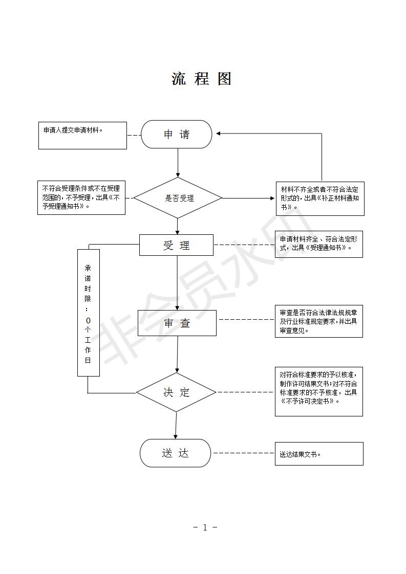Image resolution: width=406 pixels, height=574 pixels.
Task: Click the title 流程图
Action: coord(202,79)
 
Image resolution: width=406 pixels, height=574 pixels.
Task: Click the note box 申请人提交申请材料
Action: coord(82,136)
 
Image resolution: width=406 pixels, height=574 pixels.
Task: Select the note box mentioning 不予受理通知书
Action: coord(81,197)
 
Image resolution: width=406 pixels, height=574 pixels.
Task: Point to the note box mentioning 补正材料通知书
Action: coord(320,199)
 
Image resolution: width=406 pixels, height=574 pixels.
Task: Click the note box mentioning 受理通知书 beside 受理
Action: coord(319,244)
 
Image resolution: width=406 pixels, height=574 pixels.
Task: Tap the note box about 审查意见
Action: coord(319,321)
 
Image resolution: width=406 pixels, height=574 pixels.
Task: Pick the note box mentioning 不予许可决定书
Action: coord(319,392)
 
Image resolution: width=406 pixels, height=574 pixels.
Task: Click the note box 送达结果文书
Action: coord(319,454)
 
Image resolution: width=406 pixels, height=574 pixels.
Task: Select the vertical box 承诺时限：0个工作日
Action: coord(89,313)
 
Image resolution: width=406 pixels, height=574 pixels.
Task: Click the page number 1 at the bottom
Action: coord(205,527)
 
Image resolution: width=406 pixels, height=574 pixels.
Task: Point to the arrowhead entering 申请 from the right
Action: coord(218,134)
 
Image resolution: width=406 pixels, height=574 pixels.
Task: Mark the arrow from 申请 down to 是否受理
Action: coord(178,163)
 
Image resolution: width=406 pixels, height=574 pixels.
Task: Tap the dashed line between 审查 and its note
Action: coord(246,320)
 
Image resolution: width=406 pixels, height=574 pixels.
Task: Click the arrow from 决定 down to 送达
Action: coord(176,425)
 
